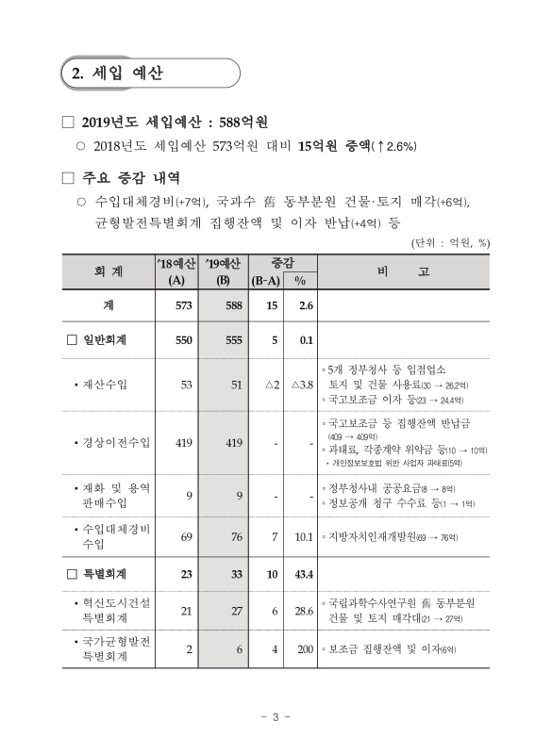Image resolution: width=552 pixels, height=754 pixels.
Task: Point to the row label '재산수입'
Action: tap(106, 384)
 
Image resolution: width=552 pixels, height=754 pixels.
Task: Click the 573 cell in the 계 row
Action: tap(183, 305)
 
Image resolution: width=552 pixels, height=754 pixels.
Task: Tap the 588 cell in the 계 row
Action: tap(230, 305)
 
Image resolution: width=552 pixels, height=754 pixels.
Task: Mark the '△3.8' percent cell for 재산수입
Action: tap(301, 384)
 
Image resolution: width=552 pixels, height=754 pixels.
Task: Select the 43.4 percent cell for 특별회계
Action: tap(302, 573)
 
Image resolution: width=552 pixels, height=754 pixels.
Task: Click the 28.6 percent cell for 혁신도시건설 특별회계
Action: tap(303, 611)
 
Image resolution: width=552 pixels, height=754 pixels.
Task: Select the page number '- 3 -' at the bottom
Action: tap(276, 719)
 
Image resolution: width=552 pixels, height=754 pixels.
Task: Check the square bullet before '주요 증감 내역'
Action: tap(66, 177)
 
